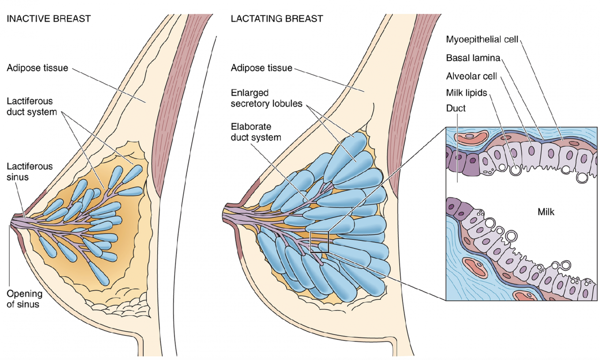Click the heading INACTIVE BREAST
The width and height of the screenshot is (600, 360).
pyautogui.click(x=49, y=19)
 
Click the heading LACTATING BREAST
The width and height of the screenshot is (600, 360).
pyautogui.click(x=277, y=19)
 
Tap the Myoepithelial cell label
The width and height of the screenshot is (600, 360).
pyautogui.click(x=482, y=39)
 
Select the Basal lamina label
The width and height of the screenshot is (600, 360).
pyautogui.click(x=473, y=58)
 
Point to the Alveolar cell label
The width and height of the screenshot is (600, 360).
pyautogui.click(x=471, y=76)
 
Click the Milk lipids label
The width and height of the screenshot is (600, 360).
pyautogui.click(x=466, y=93)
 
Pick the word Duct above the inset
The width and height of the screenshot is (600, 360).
pyautogui.click(x=456, y=108)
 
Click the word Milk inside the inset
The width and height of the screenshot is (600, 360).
pyautogui.click(x=546, y=212)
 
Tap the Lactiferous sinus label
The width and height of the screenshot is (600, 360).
pyautogui.click(x=29, y=172)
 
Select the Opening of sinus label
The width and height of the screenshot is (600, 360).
pyautogui.click(x=24, y=299)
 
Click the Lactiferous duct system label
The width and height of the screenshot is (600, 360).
pyautogui.click(x=31, y=106)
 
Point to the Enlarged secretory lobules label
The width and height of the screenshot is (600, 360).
pyautogui.click(x=266, y=98)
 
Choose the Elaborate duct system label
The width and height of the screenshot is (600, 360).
pyautogui.click(x=256, y=132)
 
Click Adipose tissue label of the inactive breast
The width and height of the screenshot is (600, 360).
pyautogui.click(x=37, y=68)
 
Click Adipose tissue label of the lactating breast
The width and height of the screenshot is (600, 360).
pyautogui.click(x=261, y=68)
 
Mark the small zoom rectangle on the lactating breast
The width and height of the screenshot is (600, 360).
pyautogui.click(x=319, y=242)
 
